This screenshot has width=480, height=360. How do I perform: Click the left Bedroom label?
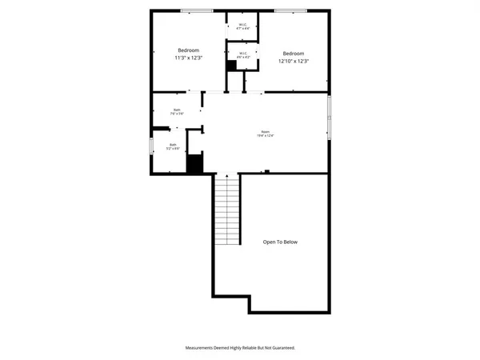click(x=189, y=50)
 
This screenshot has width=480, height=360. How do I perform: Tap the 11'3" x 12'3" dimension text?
click(x=189, y=58)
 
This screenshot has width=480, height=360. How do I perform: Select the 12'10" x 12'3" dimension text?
click(x=293, y=61)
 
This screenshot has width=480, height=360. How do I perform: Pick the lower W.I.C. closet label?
click(x=242, y=53)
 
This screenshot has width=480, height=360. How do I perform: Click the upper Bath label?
click(x=176, y=110)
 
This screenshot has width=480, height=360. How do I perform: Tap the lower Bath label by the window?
click(x=172, y=145)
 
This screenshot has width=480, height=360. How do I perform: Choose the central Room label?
click(x=266, y=132)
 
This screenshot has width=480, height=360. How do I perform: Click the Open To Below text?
click(x=281, y=242)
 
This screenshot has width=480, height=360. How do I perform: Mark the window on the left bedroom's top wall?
click(x=197, y=10)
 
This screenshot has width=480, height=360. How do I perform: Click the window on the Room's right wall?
click(x=329, y=118)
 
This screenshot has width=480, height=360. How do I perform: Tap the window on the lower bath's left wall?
click(x=151, y=147)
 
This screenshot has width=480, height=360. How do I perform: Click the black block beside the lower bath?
click(x=194, y=164)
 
